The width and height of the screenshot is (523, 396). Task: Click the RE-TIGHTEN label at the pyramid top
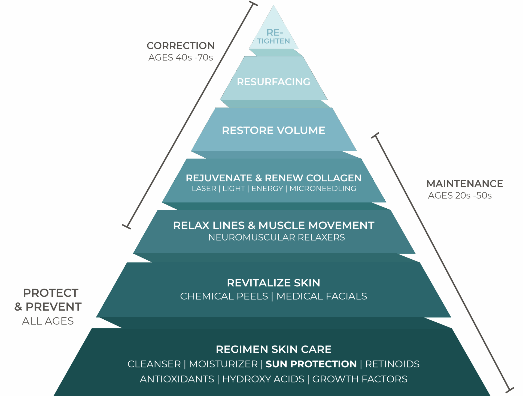(x=274, y=37)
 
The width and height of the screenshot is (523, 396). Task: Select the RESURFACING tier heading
(x=273, y=82)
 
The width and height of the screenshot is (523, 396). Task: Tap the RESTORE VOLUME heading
(x=273, y=130)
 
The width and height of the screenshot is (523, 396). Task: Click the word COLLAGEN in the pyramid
(x=334, y=178)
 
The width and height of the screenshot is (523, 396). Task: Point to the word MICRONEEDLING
(x=323, y=188)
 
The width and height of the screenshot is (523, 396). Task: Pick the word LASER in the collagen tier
(x=204, y=188)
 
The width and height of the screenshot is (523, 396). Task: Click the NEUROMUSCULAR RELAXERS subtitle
(x=276, y=237)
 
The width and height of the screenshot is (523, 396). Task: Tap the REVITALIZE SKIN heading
(x=273, y=283)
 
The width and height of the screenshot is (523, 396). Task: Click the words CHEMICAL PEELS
(x=224, y=296)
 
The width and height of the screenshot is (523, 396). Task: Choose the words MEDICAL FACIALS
(x=322, y=296)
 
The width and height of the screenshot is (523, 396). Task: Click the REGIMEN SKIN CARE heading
(x=273, y=349)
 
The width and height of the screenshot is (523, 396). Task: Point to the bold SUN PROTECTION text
(x=311, y=364)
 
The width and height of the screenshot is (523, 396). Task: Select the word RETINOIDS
(x=392, y=364)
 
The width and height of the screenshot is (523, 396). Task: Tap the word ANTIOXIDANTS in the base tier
(x=177, y=379)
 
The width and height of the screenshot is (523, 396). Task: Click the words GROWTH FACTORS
(x=360, y=379)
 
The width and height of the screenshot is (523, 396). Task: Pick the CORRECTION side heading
(x=181, y=46)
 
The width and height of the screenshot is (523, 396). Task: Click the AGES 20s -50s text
(x=460, y=196)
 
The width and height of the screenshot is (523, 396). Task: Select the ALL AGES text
(x=48, y=321)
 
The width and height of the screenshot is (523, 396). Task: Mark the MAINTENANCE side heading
(x=465, y=184)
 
